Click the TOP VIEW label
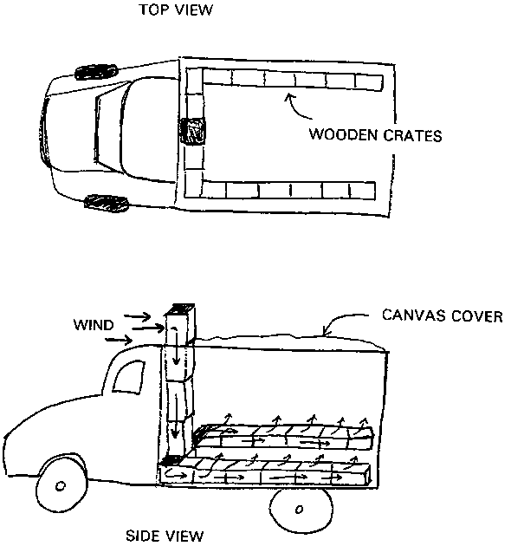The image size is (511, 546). (176, 10)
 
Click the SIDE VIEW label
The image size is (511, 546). (164, 536)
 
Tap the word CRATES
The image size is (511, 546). (412, 135)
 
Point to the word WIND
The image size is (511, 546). (94, 325)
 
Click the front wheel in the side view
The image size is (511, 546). (62, 484)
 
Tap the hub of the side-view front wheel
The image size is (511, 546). (61, 485)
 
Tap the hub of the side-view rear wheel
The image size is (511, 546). (299, 509)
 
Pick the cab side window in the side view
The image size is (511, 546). (128, 378)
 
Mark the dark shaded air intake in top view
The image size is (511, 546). (191, 131)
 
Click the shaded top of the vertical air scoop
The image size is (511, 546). (179, 309)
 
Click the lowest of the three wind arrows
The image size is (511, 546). (119, 339)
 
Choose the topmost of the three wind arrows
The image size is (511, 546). (137, 316)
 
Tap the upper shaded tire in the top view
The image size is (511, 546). (96, 72)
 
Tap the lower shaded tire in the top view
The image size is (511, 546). (107, 204)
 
